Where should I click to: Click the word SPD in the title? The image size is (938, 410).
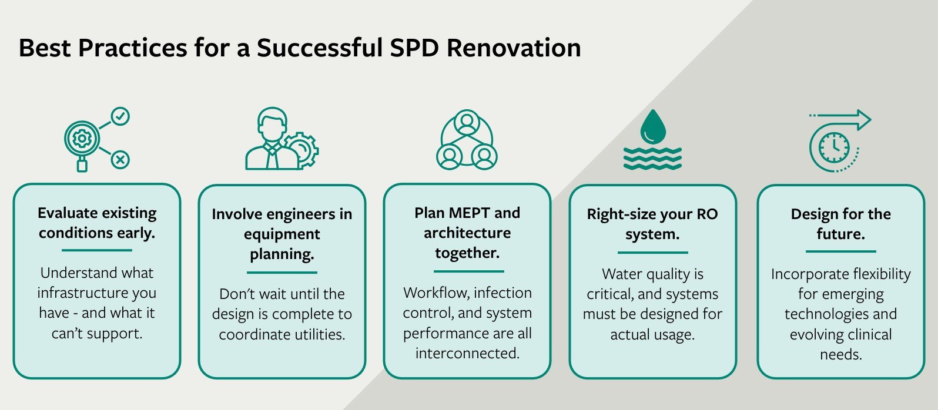point(414,48)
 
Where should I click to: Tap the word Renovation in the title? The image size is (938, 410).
point(514,48)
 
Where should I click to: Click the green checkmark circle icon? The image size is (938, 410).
point(120,116)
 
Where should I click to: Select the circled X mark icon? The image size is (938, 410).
point(120,159)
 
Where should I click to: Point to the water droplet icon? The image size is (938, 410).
point(653,127)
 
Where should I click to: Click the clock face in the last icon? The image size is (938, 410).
point(834,147)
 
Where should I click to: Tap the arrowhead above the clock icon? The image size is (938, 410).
point(863,120)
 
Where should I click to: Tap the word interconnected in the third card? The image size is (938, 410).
point(467,354)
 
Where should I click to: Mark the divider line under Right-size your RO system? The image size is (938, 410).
point(652,253)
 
